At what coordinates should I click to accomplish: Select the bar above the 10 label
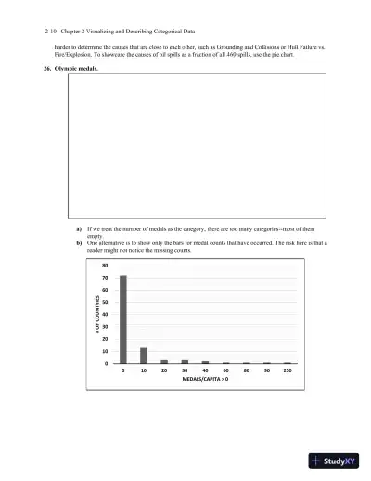144,355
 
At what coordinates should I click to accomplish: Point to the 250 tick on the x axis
288,370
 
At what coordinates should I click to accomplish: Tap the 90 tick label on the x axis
267,370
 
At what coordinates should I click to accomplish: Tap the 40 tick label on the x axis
205,370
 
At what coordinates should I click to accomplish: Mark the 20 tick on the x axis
164,370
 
